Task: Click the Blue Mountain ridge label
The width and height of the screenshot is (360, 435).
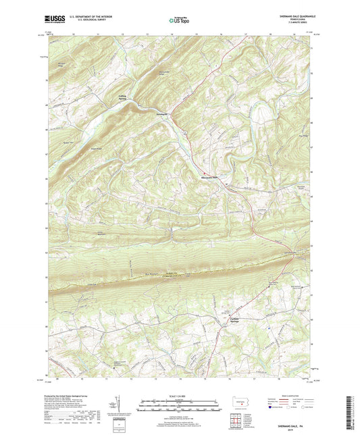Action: click(151, 274)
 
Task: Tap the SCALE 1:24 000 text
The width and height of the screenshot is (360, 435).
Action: click(178, 394)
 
